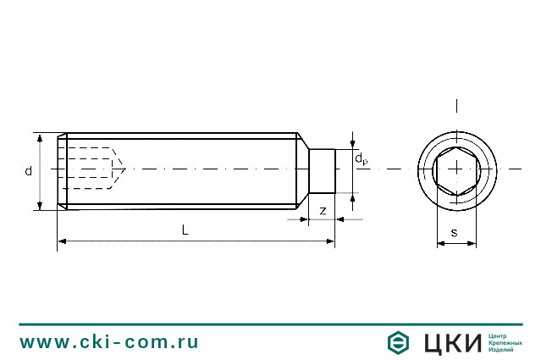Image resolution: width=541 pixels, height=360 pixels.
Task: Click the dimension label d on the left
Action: [28, 171]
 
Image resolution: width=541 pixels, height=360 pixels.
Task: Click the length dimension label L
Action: [185, 230]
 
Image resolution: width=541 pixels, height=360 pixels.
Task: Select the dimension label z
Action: [323, 209]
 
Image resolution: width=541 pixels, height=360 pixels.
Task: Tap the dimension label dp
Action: [361, 158]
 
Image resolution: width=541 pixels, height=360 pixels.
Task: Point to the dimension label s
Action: [454, 232]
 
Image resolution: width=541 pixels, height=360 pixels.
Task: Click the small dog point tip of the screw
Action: [322, 170]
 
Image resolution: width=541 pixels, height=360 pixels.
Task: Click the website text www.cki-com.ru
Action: [109, 342]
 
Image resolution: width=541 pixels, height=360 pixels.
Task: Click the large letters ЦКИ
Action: [450, 343]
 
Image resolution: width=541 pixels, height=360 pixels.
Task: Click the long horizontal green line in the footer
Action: [271, 324]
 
